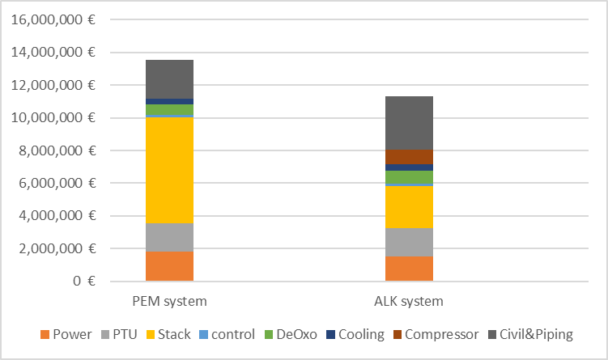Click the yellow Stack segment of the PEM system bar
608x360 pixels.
[x=169, y=170]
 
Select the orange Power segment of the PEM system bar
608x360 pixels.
[x=169, y=266]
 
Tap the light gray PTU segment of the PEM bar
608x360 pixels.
[x=169, y=237]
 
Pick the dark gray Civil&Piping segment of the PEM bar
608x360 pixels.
[x=169, y=79]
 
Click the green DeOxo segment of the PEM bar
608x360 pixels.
[x=169, y=109]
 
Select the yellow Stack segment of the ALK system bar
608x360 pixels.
[x=409, y=206]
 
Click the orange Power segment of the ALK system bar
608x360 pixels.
[x=409, y=269]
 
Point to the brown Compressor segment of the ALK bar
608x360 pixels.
[x=409, y=157]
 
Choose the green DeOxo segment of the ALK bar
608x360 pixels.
[x=409, y=177]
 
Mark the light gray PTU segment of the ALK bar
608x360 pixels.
[x=409, y=242]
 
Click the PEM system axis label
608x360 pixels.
[x=169, y=302]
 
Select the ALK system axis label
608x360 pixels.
[x=409, y=302]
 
